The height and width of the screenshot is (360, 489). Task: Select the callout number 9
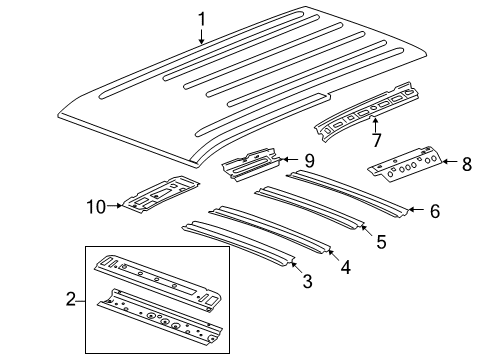coord(309,159)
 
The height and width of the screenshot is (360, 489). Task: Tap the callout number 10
coord(95,206)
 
